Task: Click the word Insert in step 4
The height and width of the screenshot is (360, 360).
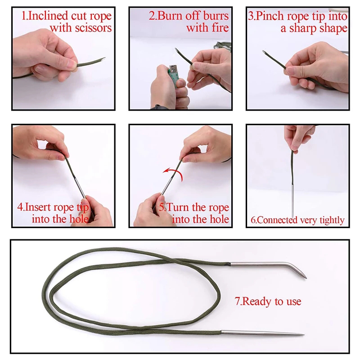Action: [38, 207]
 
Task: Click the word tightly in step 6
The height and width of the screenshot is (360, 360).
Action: [332, 220]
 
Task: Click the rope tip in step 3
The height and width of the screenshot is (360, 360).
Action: [265, 52]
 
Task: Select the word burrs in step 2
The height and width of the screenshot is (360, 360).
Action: [216, 16]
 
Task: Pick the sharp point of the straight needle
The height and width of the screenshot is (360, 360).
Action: [304, 334]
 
